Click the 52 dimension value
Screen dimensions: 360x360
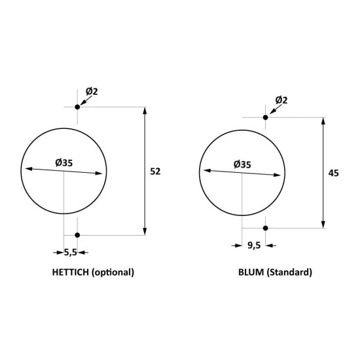click(x=155, y=171)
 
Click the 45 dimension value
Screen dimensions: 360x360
click(x=333, y=173)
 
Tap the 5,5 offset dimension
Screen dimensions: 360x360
click(x=70, y=253)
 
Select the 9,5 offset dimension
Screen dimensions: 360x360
click(x=254, y=245)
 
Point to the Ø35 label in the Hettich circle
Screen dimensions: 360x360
click(x=64, y=163)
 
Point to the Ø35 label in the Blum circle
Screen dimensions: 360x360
click(x=242, y=164)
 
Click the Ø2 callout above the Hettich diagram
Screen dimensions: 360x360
click(x=92, y=92)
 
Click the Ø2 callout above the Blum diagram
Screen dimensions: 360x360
click(x=281, y=100)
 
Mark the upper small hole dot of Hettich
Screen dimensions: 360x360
click(x=77, y=107)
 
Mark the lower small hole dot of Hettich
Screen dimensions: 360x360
click(x=77, y=235)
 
